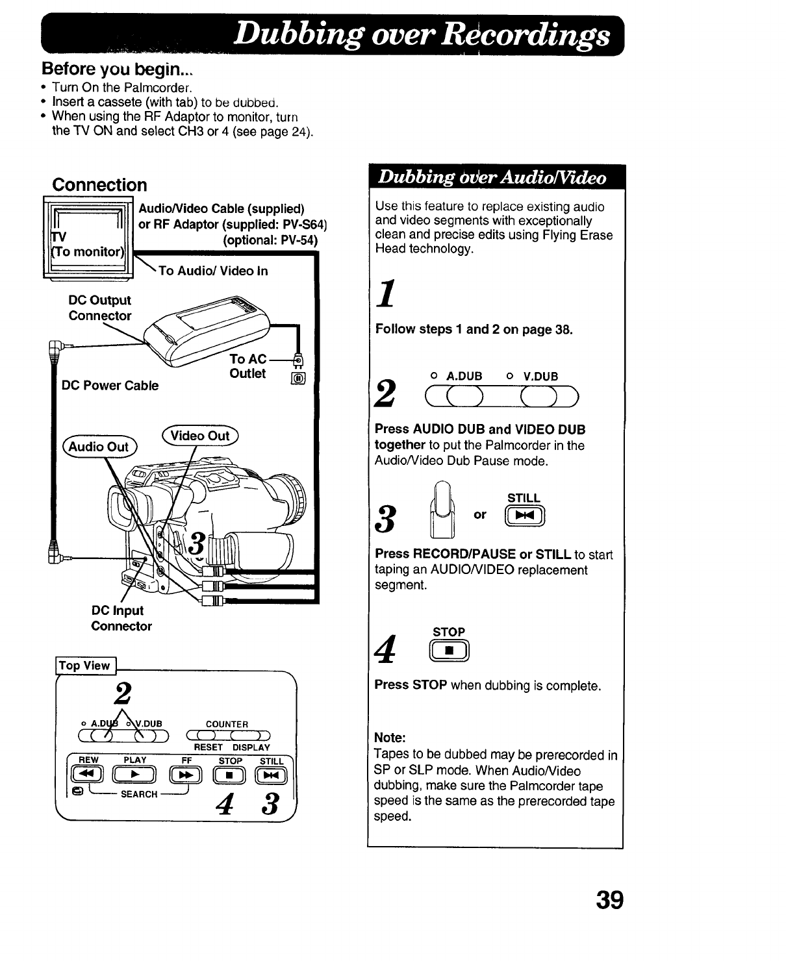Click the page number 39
click(609, 901)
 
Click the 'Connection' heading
click(99, 185)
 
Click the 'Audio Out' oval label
click(99, 447)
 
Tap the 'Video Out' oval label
click(200, 436)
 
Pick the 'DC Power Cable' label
click(110, 386)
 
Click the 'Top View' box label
click(84, 666)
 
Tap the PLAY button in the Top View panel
click(135, 775)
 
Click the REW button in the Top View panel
click(87, 775)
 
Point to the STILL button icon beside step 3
click(524, 517)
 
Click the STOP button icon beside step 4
click(449, 651)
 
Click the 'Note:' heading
click(390, 738)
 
